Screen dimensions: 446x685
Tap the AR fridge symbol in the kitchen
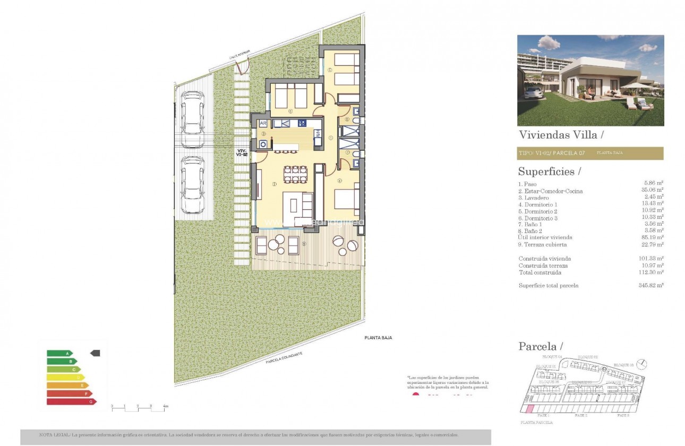(263, 123)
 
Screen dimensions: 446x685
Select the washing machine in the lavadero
(263, 143)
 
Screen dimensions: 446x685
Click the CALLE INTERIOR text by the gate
(239, 55)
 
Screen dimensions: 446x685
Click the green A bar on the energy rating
(59, 353)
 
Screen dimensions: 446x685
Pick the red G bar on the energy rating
(64, 401)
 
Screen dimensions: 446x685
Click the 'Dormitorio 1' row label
(538, 204)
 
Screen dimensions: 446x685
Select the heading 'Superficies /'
(550, 171)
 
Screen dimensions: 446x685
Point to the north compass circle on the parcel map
(643, 364)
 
